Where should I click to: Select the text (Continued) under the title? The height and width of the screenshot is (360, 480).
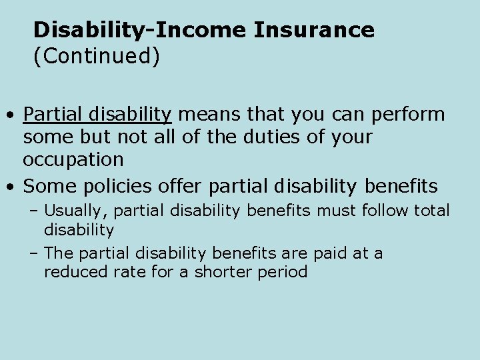(x=97, y=57)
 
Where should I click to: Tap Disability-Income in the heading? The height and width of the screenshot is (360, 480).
(x=139, y=30)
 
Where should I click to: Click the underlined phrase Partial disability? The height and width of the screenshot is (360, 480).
(x=97, y=115)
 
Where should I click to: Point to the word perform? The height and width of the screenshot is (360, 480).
(x=409, y=115)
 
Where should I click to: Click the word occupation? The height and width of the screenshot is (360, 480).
(x=73, y=160)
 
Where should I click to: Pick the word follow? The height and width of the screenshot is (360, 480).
(x=386, y=211)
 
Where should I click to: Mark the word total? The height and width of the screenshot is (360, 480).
(x=433, y=211)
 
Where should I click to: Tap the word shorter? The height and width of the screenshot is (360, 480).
(x=217, y=272)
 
